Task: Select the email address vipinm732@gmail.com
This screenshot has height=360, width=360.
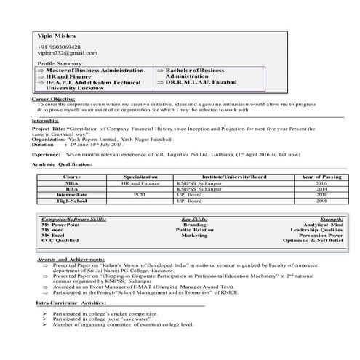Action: coord(67,53)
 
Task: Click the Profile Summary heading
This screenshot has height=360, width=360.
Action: coord(56,64)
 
